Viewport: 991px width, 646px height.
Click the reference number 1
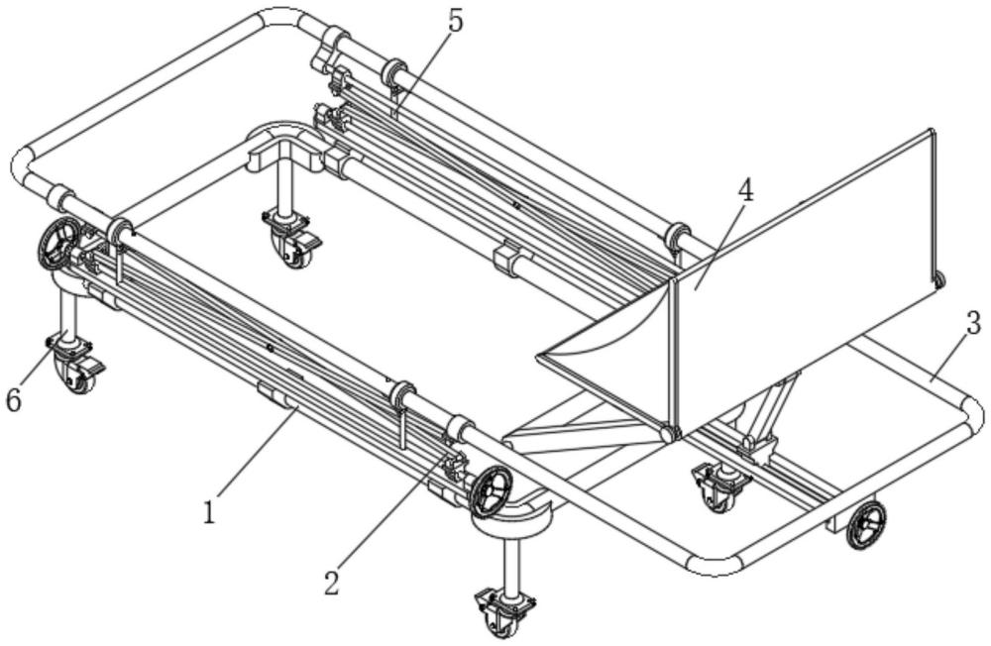click(x=210, y=512)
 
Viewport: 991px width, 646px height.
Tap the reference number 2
click(x=332, y=581)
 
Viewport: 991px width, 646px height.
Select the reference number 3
click(x=974, y=322)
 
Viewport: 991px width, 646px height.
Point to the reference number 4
click(x=746, y=189)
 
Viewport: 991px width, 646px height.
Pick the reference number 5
click(x=456, y=21)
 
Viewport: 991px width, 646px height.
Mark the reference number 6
click(x=14, y=399)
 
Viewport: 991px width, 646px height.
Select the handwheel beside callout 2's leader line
click(x=492, y=490)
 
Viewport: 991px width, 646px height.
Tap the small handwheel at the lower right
click(x=866, y=524)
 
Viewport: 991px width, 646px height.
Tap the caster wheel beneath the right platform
click(x=720, y=486)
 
